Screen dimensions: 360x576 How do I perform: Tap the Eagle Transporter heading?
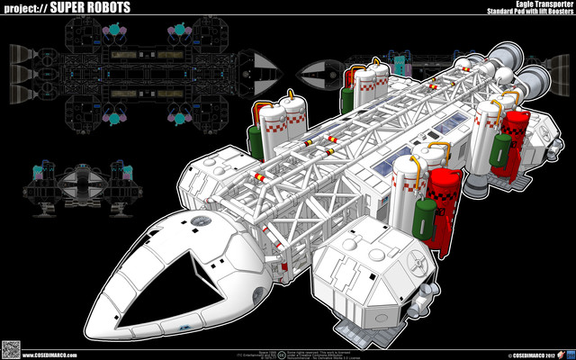tap(533, 4)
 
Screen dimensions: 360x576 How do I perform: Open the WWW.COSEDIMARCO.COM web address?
tap(55, 353)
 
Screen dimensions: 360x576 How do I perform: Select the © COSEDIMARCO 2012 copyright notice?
tap(531, 353)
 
